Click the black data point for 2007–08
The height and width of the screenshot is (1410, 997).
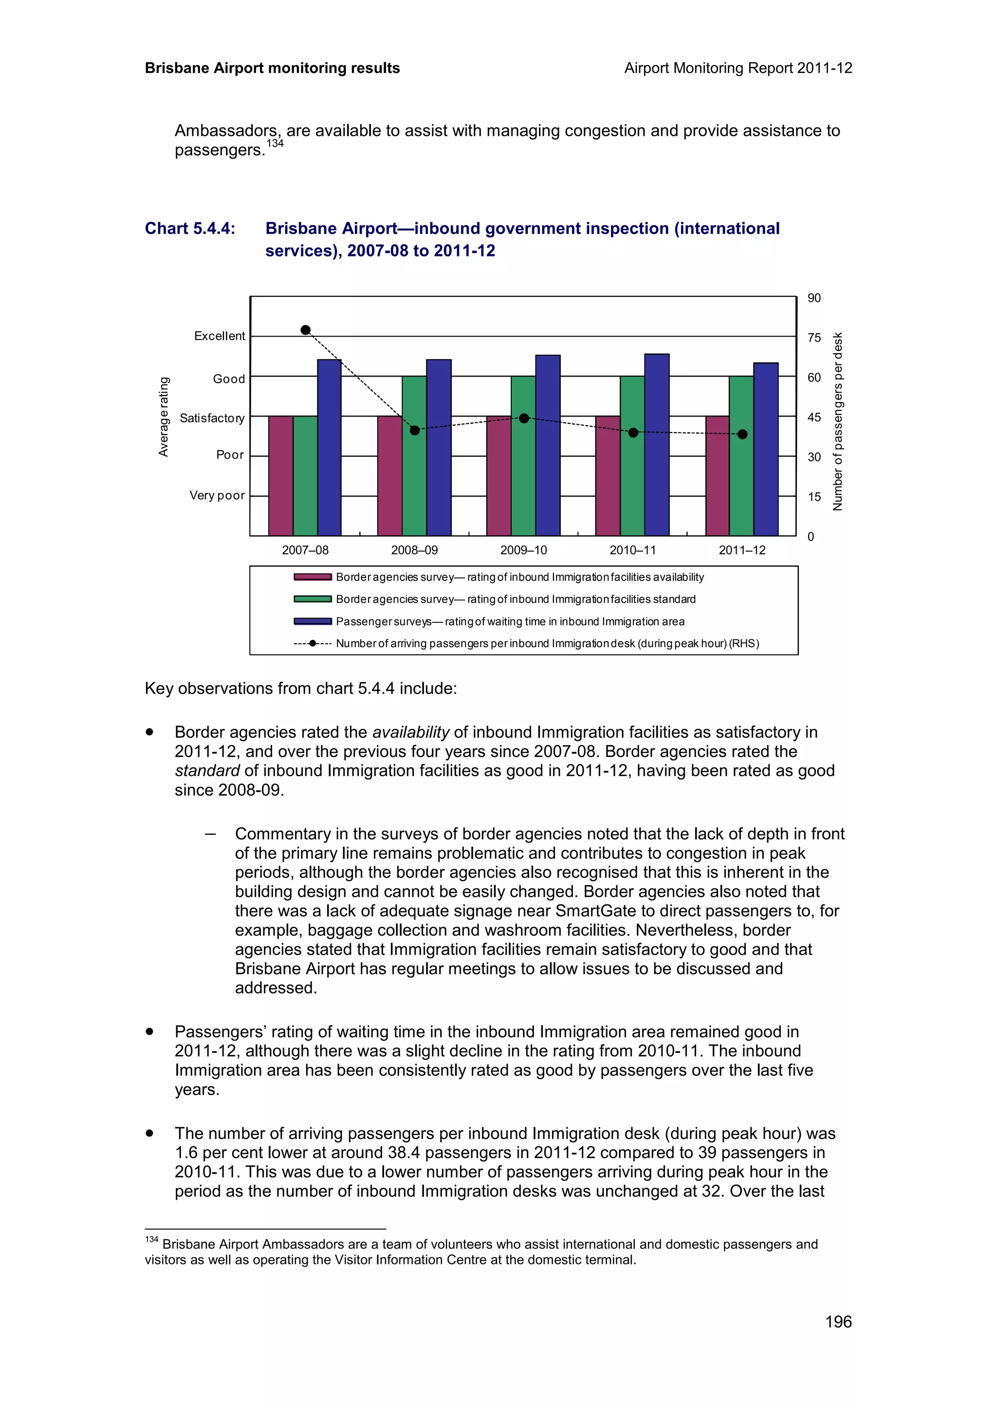[x=305, y=330]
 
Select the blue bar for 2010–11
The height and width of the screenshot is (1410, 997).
[x=657, y=445]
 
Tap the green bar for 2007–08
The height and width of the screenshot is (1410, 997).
[x=305, y=475]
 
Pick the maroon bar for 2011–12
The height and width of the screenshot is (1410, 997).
[x=717, y=475]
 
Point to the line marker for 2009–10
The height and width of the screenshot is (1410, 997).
[x=524, y=418]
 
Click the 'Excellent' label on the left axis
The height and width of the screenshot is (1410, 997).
[x=219, y=336]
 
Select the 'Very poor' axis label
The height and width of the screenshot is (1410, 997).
[x=217, y=496]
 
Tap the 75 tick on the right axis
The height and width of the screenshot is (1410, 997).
[x=814, y=338]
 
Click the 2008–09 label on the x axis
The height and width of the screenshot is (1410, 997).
[x=415, y=550]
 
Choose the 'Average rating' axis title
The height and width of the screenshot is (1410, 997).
[x=164, y=416]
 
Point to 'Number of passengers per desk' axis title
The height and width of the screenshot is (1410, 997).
[x=837, y=421]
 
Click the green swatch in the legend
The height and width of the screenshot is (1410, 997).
[x=313, y=599]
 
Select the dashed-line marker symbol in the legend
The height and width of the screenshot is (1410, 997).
[x=313, y=644]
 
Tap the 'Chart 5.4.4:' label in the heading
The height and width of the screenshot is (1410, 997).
[x=190, y=229]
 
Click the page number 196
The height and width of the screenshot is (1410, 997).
[x=838, y=1321]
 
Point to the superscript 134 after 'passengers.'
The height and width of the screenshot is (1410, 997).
[x=275, y=144]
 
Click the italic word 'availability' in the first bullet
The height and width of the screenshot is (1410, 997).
[x=411, y=732]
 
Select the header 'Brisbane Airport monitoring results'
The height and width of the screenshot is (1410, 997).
[x=272, y=68]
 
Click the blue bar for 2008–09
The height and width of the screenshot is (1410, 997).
[x=439, y=447]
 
